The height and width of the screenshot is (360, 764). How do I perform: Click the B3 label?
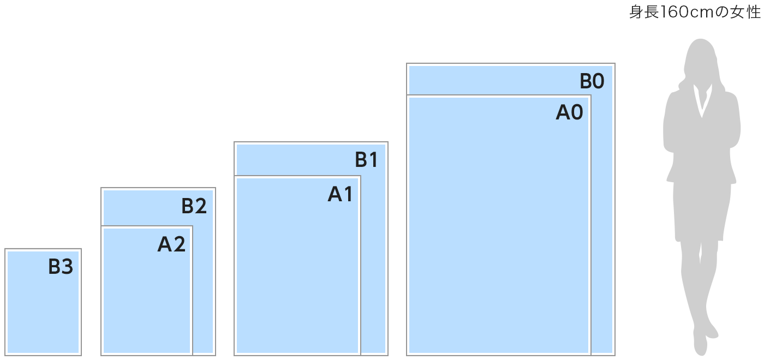[x=61, y=267]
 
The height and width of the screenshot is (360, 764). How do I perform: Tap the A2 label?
[x=171, y=245]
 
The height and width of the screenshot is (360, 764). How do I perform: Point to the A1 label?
[x=341, y=194]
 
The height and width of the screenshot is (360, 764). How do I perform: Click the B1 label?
[x=366, y=160]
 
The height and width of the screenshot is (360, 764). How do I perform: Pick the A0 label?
[x=569, y=112]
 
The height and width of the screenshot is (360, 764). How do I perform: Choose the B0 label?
[x=592, y=82]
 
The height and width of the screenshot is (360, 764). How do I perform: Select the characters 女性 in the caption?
[x=745, y=13]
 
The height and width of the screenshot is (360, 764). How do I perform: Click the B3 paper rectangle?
[x=43, y=311]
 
